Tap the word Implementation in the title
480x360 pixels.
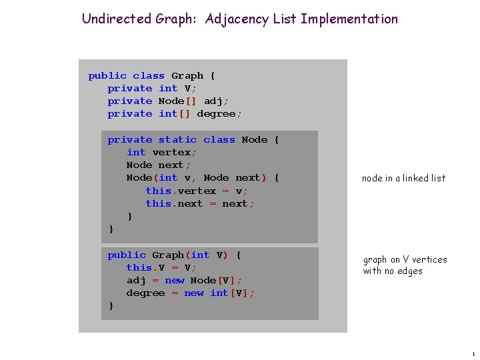click(x=349, y=19)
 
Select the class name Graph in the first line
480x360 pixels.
click(x=187, y=75)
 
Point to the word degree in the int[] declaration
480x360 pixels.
click(x=217, y=114)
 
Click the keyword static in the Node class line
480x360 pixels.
click(x=177, y=139)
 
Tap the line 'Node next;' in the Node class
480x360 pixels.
click(x=159, y=165)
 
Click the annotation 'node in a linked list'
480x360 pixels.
click(x=403, y=178)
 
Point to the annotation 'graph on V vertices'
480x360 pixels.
click(x=405, y=259)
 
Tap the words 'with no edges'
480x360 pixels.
click(x=392, y=271)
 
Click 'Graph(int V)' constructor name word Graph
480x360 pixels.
click(x=168, y=255)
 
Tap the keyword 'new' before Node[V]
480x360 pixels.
click(x=175, y=280)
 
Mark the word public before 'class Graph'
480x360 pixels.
click(x=107, y=75)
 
